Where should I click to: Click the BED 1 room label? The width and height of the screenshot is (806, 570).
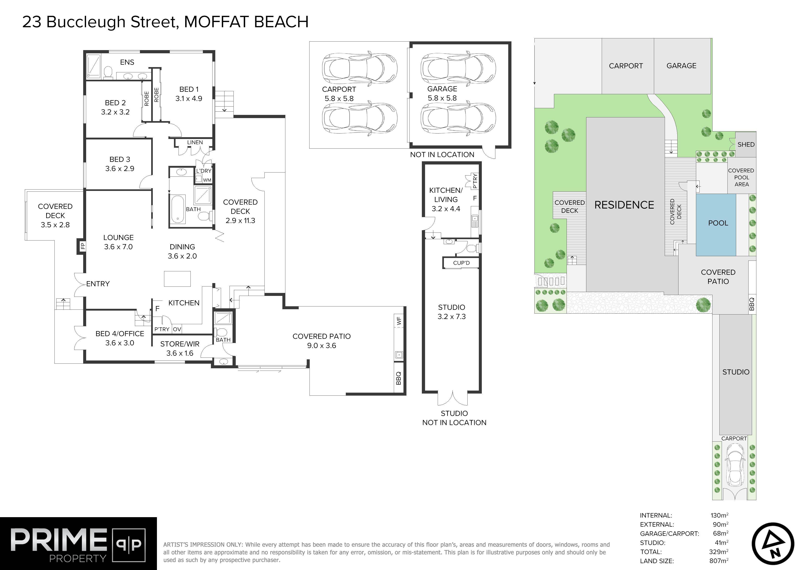(x=189, y=90)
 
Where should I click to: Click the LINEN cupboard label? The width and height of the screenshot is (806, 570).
(x=195, y=142)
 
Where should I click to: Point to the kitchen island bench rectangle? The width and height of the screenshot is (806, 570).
(x=177, y=279)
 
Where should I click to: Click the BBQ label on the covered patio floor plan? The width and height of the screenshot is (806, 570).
(x=398, y=378)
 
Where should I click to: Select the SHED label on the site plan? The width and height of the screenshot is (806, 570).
(x=746, y=144)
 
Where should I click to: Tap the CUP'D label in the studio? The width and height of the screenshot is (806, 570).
(x=461, y=263)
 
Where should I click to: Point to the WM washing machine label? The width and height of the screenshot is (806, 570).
(x=207, y=180)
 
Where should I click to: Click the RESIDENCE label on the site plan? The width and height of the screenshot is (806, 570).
(x=624, y=205)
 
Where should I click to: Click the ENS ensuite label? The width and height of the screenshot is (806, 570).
(x=127, y=62)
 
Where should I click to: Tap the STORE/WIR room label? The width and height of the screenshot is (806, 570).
(x=180, y=344)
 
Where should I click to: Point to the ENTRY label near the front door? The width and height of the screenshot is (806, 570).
(x=98, y=284)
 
